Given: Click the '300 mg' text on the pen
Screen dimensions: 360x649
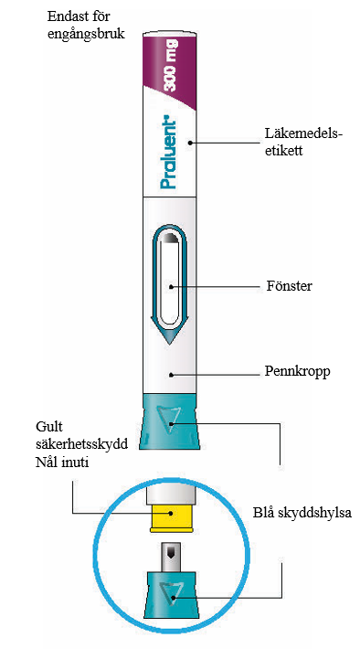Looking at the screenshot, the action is tap(171, 65).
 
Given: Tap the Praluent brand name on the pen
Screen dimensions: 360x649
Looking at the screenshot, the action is tap(169, 154).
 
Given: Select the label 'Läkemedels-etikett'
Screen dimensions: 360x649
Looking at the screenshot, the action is tap(304, 142).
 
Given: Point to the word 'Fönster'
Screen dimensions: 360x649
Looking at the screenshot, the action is tap(290, 286).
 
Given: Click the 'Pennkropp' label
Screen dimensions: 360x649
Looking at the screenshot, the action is tap(298, 372).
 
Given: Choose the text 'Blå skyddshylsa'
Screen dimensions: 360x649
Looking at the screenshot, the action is tap(302, 513).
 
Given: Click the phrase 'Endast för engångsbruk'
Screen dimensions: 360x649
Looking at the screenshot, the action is tap(86, 25).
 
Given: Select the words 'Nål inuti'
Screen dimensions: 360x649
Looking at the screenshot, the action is tap(62, 462).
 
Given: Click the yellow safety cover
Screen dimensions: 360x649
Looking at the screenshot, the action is tap(171, 517).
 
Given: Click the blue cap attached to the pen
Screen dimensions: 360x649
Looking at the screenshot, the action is tap(170, 421).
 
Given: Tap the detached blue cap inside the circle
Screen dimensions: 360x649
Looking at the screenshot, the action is tap(171, 595).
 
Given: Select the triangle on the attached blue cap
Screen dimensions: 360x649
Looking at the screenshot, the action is tap(170, 419).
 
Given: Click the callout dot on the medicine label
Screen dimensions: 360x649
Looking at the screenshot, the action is tap(190, 143).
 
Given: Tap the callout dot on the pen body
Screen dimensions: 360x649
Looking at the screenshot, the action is tap(171, 375).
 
